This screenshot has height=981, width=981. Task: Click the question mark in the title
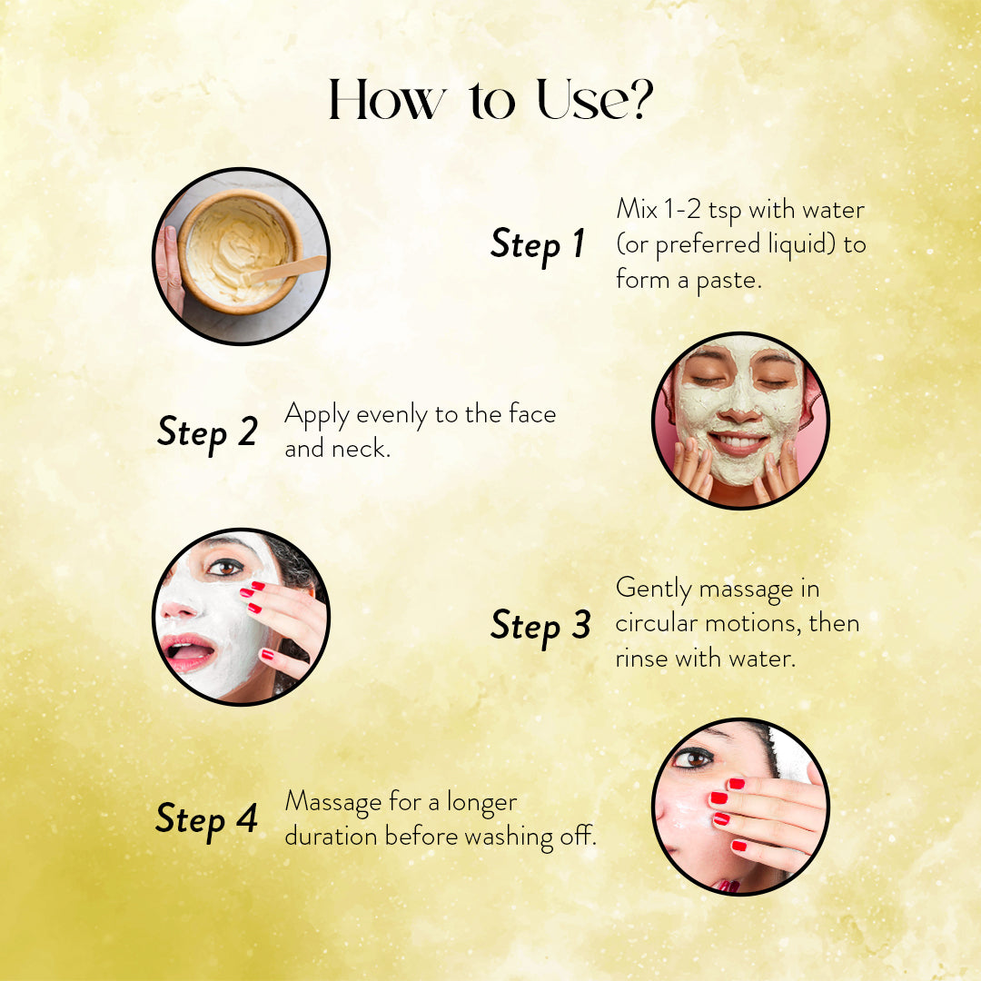point(638,101)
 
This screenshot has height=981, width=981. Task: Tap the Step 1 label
point(538,244)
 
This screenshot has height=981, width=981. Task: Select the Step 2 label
point(207,431)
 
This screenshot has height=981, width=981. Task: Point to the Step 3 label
point(540,625)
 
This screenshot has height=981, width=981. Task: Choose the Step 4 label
point(207,818)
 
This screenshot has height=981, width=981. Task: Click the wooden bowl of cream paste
point(238,250)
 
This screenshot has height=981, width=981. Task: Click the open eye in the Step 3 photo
point(224,567)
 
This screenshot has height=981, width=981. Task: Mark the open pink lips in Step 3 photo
point(188,652)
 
